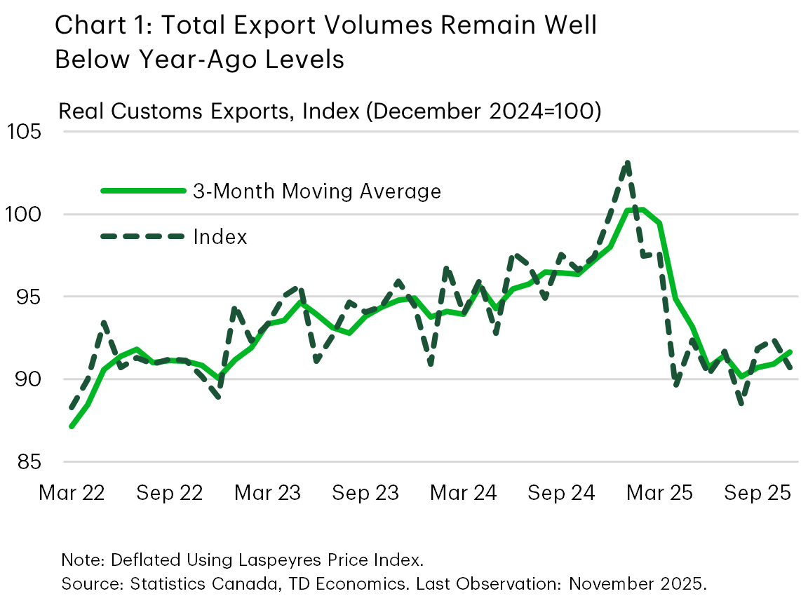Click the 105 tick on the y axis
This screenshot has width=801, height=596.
(x=23, y=132)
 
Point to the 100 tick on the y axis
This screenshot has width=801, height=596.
(x=23, y=215)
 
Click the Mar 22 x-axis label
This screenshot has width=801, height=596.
(x=72, y=493)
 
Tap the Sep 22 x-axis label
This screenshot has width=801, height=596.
(x=170, y=493)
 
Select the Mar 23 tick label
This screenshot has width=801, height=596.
(x=268, y=493)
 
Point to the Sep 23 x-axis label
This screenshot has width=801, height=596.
(x=365, y=493)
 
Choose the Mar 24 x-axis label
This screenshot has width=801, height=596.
(x=464, y=493)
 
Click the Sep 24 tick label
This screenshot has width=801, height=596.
(x=562, y=493)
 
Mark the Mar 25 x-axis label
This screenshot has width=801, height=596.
(x=659, y=493)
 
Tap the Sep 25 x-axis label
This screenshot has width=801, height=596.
(x=758, y=493)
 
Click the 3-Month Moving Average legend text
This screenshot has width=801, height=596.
(x=317, y=191)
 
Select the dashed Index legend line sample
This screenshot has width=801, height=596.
(x=143, y=237)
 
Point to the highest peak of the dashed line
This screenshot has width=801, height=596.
(x=627, y=162)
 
